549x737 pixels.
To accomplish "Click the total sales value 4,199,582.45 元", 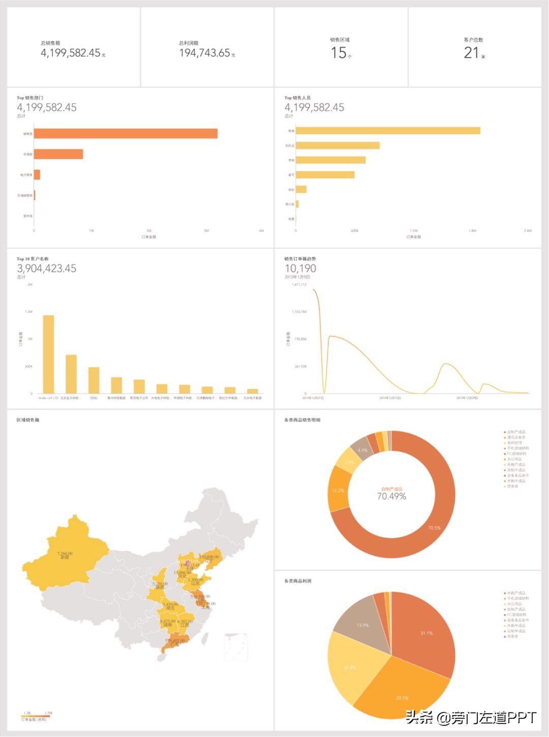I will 71,53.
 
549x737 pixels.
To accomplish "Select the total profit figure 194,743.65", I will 205,53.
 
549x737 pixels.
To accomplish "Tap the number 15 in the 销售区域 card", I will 339,52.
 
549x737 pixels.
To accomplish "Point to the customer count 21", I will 471,52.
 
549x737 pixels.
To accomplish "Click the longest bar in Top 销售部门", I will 126,134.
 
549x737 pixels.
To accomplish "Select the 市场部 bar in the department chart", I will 58,154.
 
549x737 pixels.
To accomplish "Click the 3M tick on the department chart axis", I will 206,231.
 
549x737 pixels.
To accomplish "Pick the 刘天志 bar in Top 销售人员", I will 338,145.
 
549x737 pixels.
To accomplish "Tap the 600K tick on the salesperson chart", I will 354,231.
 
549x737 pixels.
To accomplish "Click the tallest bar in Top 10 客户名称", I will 48,354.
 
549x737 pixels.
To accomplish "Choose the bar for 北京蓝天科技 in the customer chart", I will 71,374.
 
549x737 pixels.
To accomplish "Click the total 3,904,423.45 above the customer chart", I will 46,268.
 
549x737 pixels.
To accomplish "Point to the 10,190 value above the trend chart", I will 300,268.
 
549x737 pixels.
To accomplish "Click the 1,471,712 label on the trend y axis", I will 299,285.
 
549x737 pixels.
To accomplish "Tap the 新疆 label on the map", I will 65,558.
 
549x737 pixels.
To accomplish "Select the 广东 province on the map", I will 175,643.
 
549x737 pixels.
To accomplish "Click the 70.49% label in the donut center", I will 391,497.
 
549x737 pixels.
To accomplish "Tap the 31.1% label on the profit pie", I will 426,633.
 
